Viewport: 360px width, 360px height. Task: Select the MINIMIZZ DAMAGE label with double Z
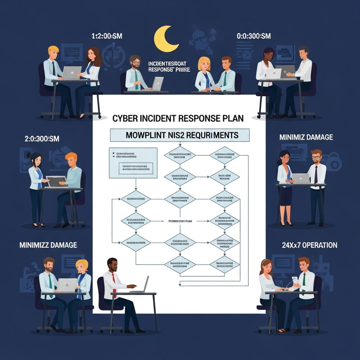pyautogui.click(x=48, y=245)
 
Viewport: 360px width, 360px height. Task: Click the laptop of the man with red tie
pyautogui.click(x=144, y=284)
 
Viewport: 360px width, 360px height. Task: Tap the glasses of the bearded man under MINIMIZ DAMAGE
pyautogui.click(x=316, y=157)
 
